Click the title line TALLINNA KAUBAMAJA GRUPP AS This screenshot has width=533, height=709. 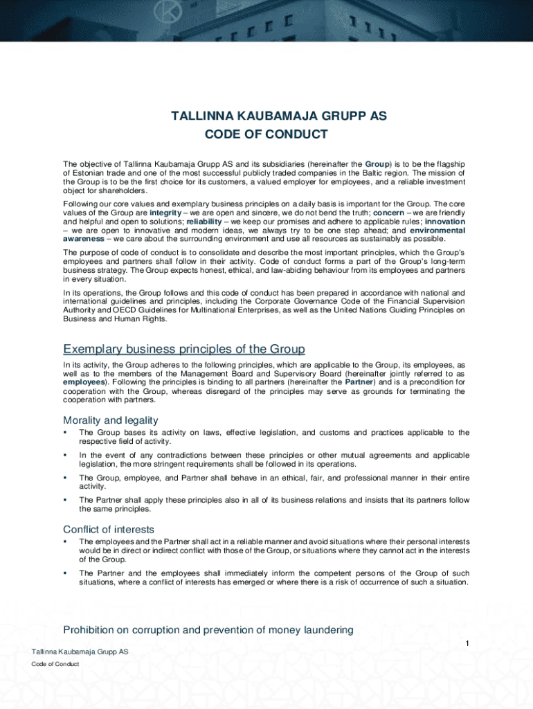279,116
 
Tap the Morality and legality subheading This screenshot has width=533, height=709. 111,420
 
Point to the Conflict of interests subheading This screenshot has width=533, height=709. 109,530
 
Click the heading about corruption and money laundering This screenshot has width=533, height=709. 208,629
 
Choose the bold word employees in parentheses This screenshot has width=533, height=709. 84,382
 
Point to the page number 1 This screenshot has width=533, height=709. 467,645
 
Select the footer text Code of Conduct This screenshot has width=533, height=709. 55,664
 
